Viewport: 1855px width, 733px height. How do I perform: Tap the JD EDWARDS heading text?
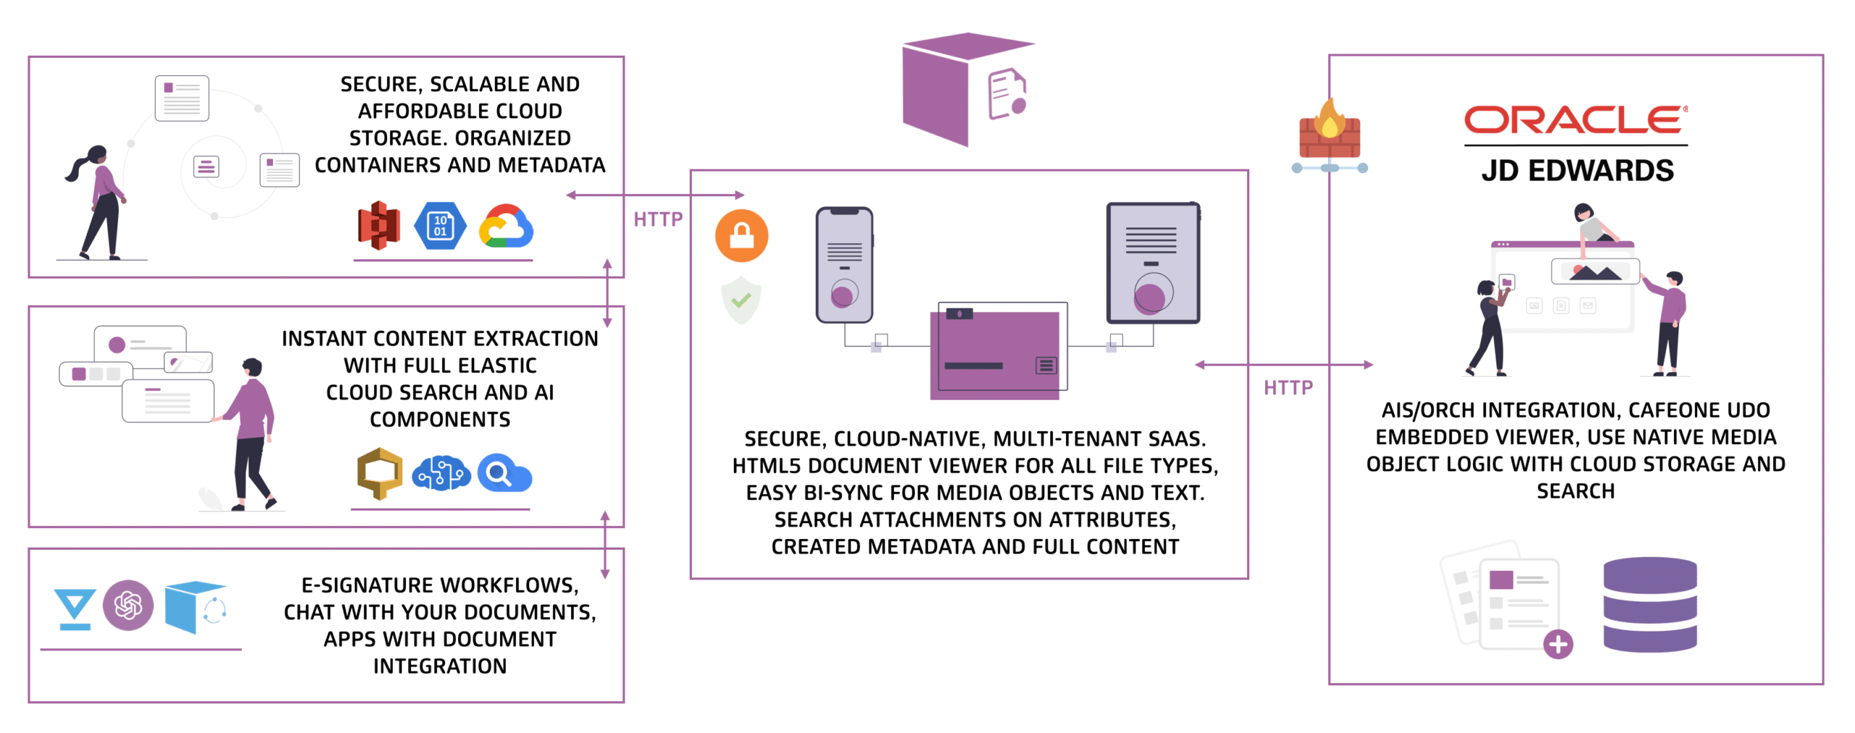(1576, 171)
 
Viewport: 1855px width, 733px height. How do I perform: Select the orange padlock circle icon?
(741, 235)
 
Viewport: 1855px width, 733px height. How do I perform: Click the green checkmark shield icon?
(740, 300)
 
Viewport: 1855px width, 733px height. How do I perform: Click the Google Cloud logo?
(505, 227)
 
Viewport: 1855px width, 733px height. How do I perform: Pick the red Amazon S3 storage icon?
(378, 225)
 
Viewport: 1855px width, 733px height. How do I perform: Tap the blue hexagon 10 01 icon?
(439, 226)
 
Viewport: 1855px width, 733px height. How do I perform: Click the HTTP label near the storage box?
(656, 219)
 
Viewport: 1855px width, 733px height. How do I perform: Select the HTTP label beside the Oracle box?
(1287, 388)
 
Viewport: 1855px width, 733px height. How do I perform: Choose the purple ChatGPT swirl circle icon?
(128, 604)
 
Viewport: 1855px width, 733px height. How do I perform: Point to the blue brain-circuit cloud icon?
(441, 474)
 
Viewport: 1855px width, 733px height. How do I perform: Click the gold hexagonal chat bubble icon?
(379, 472)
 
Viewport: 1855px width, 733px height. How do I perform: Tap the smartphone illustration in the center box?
(843, 264)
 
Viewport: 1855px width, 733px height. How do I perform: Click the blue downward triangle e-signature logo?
(74, 608)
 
